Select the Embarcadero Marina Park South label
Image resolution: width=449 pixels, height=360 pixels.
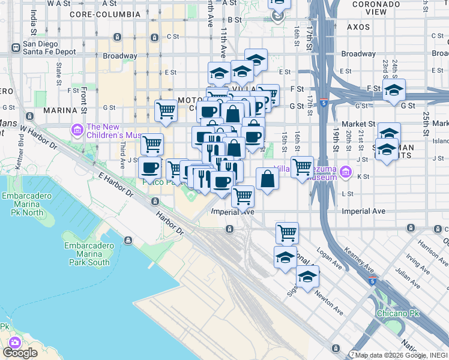click(x=89, y=254)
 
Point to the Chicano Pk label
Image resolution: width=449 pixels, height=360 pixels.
click(x=397, y=313)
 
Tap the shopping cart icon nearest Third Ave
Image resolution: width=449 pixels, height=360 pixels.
click(x=152, y=144)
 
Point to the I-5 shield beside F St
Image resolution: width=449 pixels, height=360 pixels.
click(x=324, y=103)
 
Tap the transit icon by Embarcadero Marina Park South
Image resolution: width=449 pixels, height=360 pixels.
click(x=128, y=241)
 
